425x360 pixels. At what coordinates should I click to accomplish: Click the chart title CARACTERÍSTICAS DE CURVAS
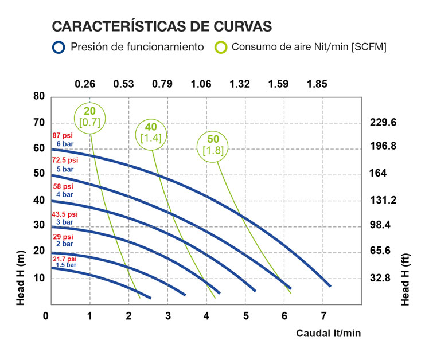click(x=161, y=27)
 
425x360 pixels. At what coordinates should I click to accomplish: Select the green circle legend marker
click(x=220, y=47)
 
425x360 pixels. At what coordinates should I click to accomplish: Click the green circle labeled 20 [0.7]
click(x=91, y=117)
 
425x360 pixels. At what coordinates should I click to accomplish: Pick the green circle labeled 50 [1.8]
click(x=213, y=144)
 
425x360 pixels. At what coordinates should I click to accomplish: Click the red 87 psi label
click(x=63, y=135)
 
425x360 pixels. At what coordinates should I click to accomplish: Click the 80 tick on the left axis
click(x=39, y=96)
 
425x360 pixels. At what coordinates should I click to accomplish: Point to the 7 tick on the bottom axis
click(x=323, y=316)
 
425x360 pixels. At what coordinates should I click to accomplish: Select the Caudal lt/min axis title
click(x=329, y=333)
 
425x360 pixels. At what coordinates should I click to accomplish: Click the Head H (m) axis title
click(x=21, y=278)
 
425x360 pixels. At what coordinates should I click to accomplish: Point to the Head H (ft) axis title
click(x=405, y=278)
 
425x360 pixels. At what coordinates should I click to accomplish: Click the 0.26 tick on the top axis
click(x=85, y=84)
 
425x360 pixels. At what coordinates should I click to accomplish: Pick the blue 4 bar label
click(x=64, y=195)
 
